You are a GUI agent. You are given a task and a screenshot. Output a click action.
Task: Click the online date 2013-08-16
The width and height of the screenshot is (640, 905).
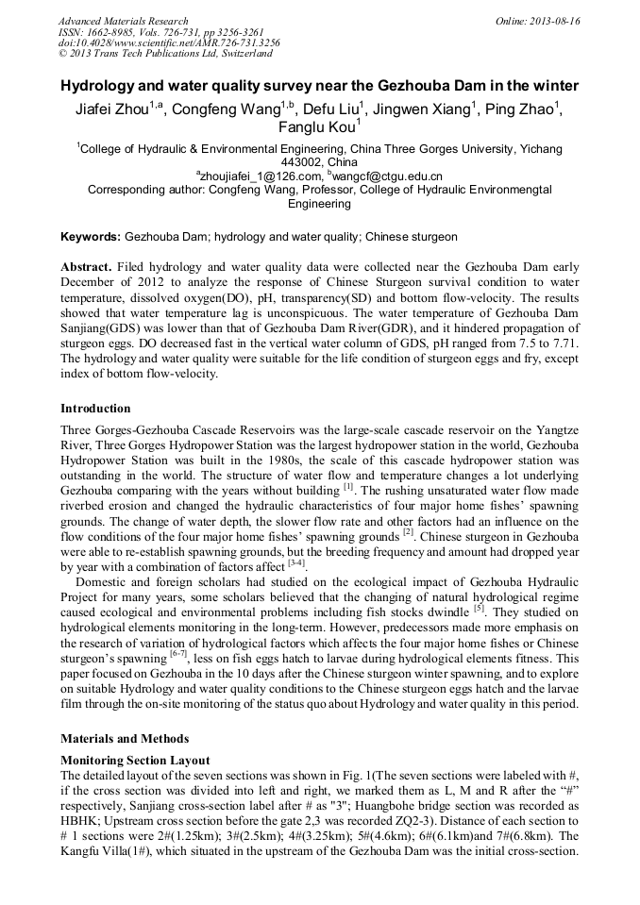point(553,21)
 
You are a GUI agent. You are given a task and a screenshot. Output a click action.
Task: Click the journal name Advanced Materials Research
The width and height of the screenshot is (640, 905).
point(123,21)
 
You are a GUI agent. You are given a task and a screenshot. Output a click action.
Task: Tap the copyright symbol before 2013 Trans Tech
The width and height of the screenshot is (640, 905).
point(63,54)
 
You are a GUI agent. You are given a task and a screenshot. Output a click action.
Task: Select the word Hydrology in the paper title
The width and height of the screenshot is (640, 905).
point(103,86)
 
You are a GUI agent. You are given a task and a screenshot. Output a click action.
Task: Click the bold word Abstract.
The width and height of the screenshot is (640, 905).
point(86,267)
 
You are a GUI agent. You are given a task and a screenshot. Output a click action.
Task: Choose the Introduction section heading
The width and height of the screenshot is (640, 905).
point(95,409)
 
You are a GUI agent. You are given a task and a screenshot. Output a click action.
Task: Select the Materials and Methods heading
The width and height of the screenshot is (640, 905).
point(125,739)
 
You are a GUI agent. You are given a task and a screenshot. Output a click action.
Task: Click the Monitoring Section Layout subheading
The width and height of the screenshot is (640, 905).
point(135,760)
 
